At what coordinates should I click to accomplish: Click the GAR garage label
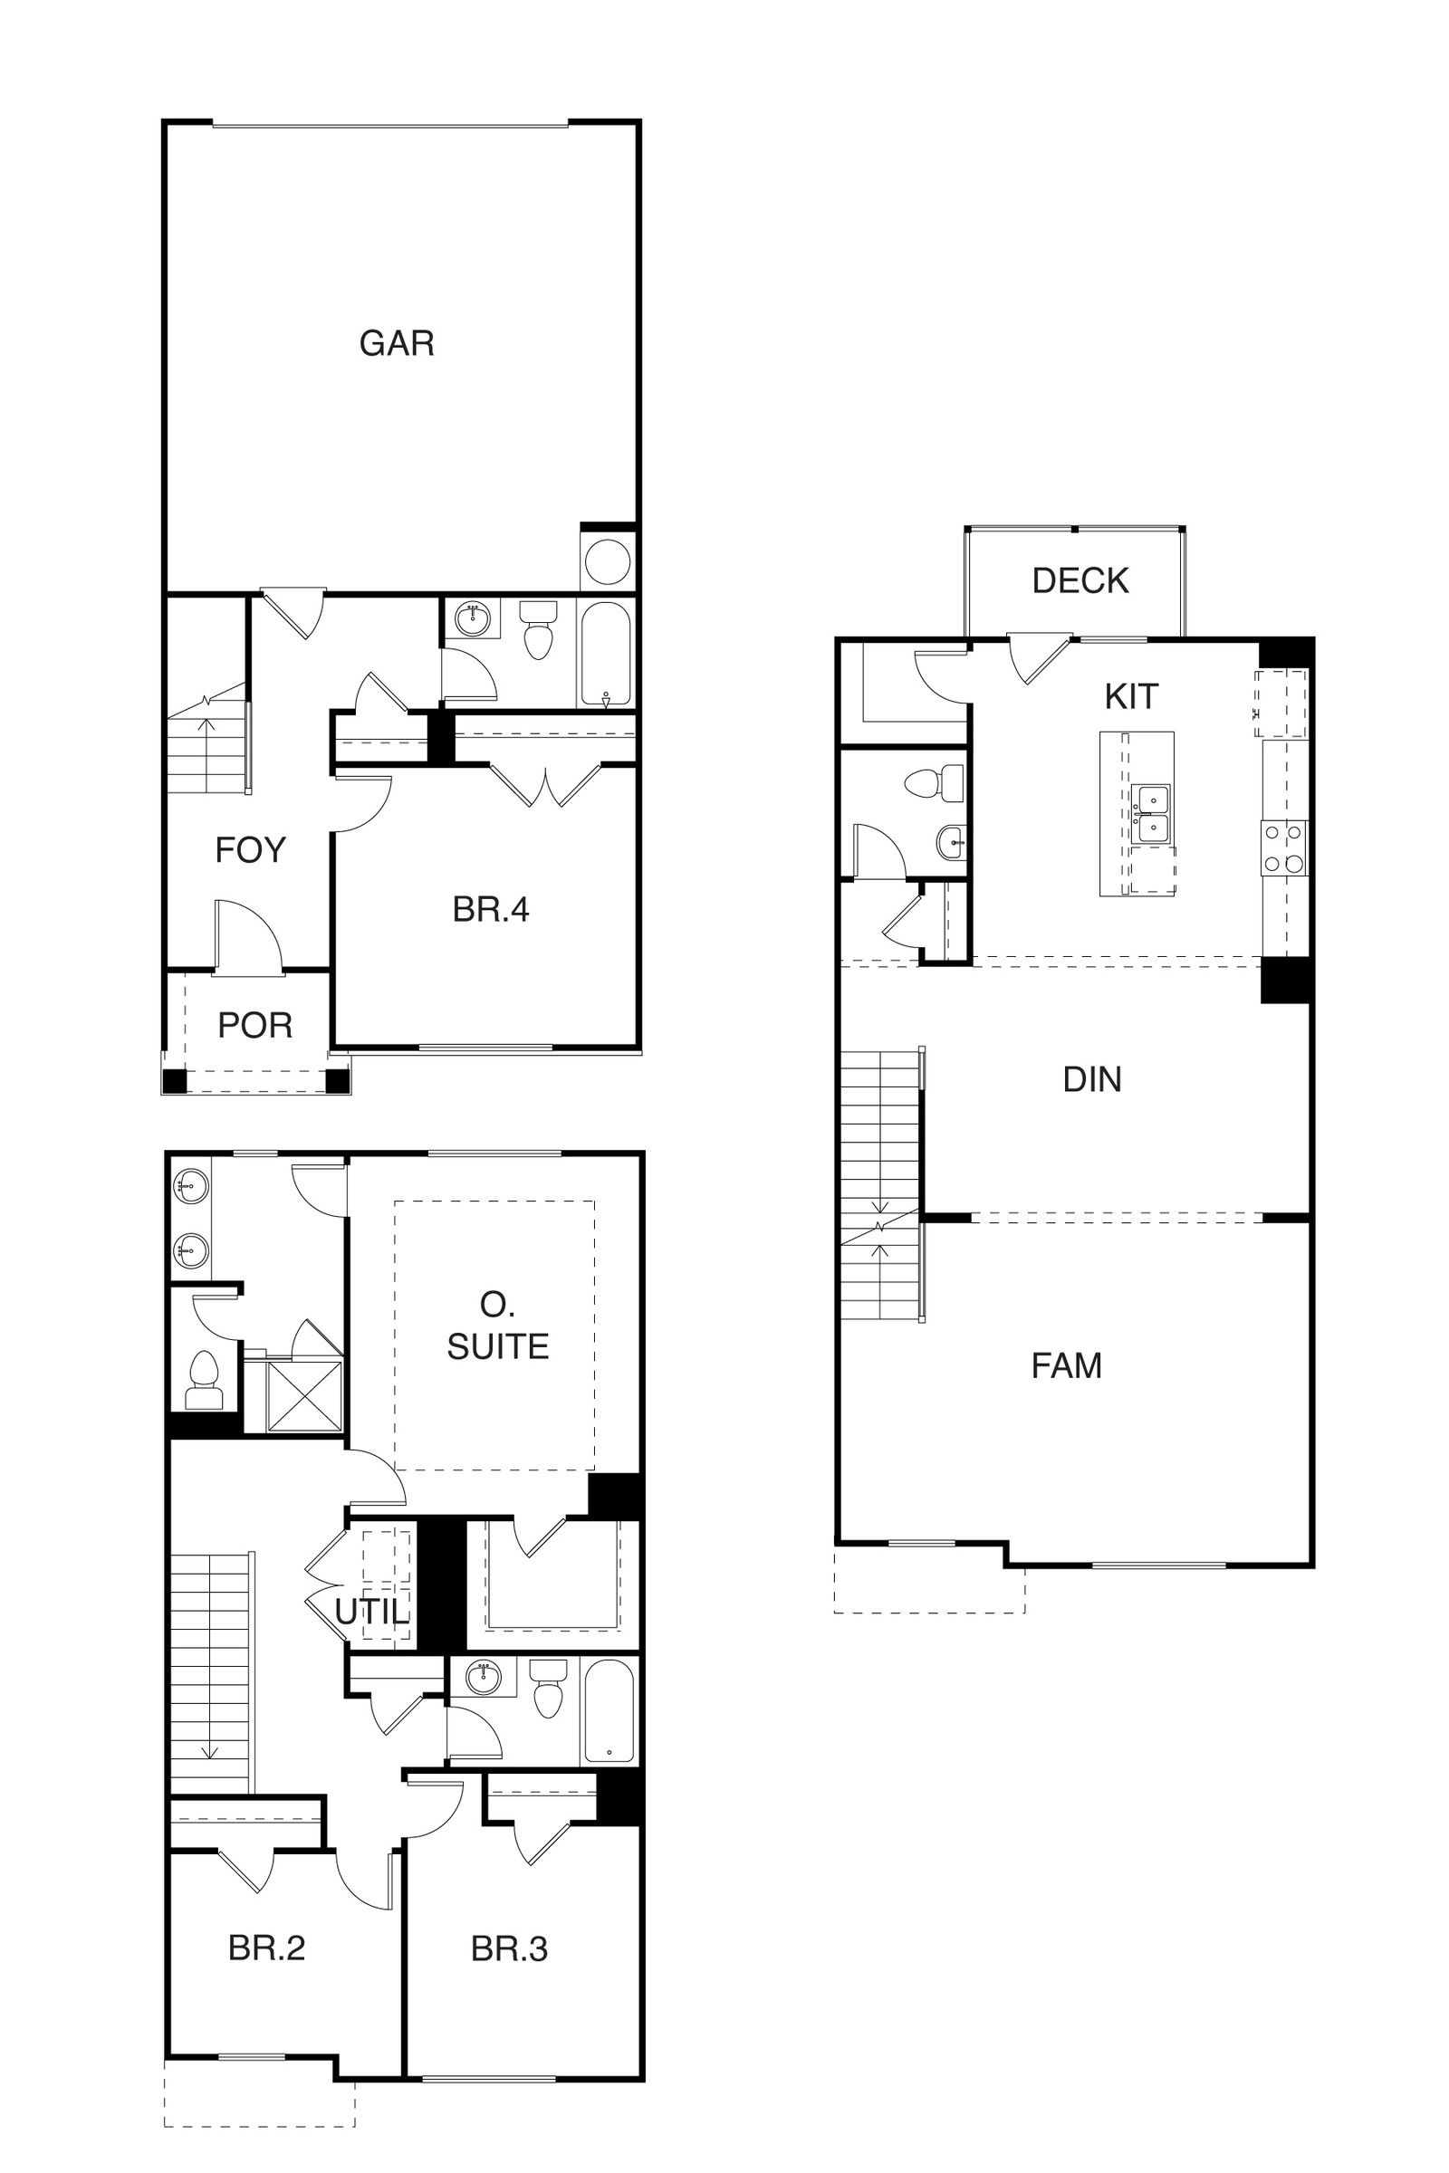pos(397,344)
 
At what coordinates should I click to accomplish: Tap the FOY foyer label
pos(251,850)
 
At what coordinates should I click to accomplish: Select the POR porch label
pos(255,1026)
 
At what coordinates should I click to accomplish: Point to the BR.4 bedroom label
pos(491,910)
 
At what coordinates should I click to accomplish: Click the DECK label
pos(1080,581)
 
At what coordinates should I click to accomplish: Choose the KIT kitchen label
pos(1131,696)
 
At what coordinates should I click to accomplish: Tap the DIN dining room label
pos(1092,1080)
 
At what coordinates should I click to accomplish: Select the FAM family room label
pos(1067,1365)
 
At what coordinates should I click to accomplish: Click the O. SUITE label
pos(498,1326)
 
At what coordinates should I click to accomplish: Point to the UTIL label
pos(371,1613)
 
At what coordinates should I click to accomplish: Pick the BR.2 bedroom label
pos(266,1948)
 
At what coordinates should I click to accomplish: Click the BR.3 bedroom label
pos(509,1949)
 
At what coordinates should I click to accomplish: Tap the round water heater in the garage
pos(608,560)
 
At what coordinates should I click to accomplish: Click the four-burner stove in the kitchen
pos(1284,848)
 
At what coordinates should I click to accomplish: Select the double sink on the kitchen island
pos(1152,814)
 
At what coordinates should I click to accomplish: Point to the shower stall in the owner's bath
pos(305,1396)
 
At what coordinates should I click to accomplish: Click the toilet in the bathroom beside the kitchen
pos(934,785)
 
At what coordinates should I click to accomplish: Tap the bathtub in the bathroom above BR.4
pos(606,654)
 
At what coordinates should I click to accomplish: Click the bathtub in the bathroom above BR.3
pos(608,1711)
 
